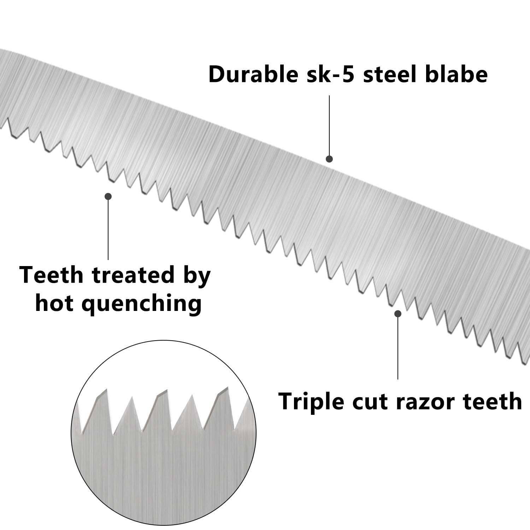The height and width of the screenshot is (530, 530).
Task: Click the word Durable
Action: pos(253,74)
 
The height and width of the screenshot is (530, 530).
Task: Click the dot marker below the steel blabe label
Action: pos(329,159)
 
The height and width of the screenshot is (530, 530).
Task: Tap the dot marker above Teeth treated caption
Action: pos(108,196)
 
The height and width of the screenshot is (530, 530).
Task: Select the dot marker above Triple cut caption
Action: pos(398,313)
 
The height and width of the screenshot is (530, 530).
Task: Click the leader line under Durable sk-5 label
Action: pos(329,125)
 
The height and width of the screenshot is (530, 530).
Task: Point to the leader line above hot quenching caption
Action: pos(108,230)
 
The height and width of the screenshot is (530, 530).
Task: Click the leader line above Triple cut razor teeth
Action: pos(398,348)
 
